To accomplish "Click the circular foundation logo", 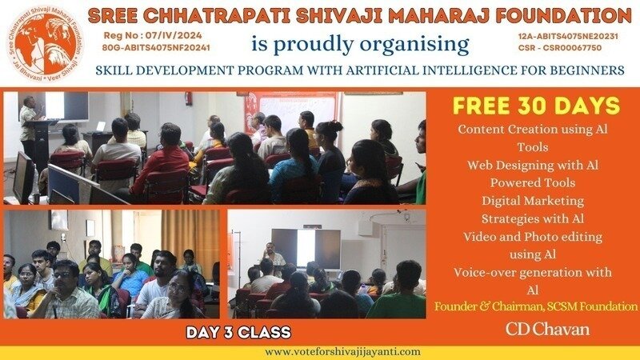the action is [46, 44].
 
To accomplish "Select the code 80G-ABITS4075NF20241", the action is [156, 48].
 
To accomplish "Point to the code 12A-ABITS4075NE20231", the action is [568, 36].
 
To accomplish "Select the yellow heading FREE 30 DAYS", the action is [536, 106].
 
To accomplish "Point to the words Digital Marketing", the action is [533, 201].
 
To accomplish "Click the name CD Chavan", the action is [548, 329].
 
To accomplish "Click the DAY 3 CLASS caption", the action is [238, 332].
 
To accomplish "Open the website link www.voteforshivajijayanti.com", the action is [342, 352].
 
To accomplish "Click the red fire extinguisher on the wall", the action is [189, 98].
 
